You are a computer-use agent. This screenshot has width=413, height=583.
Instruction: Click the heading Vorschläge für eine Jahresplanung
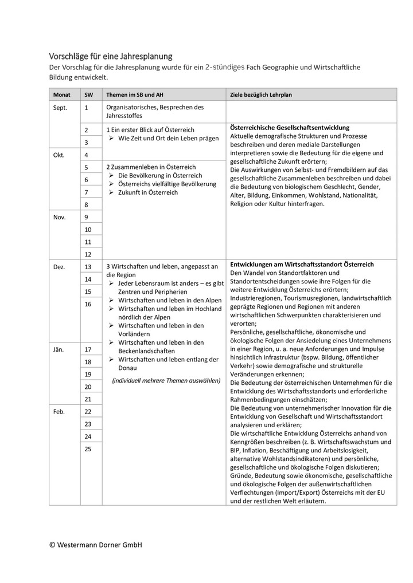pyautogui.click(x=110, y=56)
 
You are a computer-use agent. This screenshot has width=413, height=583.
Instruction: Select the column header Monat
pyautogui.click(x=62, y=94)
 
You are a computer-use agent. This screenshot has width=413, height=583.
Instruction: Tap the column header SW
pyautogui.click(x=88, y=94)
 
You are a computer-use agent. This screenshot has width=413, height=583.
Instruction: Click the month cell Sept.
pyautogui.click(x=60, y=108)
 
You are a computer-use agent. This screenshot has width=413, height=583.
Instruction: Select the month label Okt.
pyautogui.click(x=59, y=155)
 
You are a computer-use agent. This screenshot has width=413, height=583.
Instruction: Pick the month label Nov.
pyautogui.click(x=60, y=217)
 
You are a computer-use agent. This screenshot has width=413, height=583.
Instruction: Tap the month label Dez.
pyautogui.click(x=59, y=267)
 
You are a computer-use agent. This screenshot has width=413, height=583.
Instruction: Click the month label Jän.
pyautogui.click(x=59, y=349)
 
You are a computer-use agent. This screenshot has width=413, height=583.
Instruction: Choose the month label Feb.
pyautogui.click(x=59, y=412)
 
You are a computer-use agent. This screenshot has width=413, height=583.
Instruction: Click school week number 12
pyautogui.click(x=88, y=254)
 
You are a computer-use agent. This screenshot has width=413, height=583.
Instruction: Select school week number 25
pyautogui.click(x=88, y=449)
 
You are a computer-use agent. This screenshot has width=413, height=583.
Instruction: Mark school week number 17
pyautogui.click(x=88, y=349)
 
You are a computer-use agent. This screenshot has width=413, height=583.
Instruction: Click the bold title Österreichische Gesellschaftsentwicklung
pyautogui.click(x=290, y=128)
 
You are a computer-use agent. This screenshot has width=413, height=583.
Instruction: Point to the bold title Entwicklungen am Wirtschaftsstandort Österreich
pyautogui.click(x=302, y=265)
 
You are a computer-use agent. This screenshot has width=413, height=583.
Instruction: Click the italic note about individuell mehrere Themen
pyautogui.click(x=166, y=380)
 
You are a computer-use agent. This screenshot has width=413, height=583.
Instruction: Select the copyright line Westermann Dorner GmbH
pyautogui.click(x=95, y=545)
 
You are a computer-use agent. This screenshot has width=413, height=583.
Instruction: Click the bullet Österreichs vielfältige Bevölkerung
pyautogui.click(x=167, y=184)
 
